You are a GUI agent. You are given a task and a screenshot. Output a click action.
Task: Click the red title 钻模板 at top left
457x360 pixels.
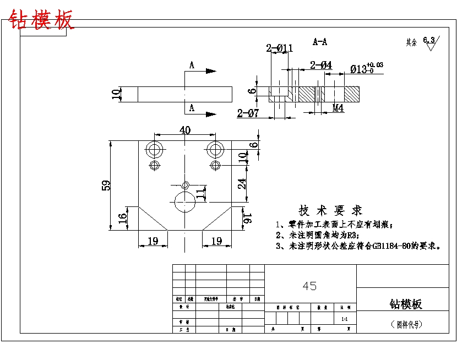click(41, 20)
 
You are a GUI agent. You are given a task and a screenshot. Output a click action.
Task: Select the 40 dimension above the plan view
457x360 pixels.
click(184, 130)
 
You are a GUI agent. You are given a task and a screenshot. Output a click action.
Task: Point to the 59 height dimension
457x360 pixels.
click(106, 185)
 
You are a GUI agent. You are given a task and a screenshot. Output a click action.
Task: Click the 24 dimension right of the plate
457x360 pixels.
click(242, 184)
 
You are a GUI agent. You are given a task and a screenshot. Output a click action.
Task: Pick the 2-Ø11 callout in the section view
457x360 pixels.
click(279, 48)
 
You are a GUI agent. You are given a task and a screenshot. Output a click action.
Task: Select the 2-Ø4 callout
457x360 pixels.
click(321, 65)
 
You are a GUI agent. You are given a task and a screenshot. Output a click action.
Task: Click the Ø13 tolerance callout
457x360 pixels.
click(366, 68)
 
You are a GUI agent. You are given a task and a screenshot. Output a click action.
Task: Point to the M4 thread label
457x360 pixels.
click(338, 108)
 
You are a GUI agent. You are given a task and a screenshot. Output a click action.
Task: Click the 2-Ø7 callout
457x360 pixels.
click(248, 113)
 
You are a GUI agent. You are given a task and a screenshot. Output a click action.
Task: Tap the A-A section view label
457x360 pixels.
click(320, 41)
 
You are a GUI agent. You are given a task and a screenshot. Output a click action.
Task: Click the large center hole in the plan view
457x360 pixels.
click(185, 202)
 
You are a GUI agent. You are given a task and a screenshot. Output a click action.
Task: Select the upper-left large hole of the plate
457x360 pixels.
click(154, 148)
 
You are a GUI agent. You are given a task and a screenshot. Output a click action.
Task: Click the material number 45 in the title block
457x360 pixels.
click(310, 286)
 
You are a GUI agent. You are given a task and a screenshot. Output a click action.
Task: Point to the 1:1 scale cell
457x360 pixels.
click(345, 319)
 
